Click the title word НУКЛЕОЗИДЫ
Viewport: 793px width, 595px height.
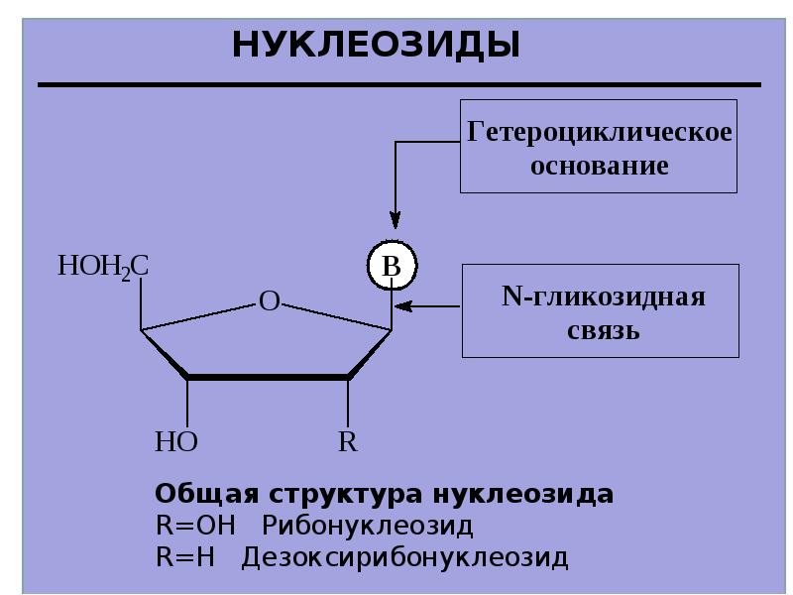click(x=377, y=46)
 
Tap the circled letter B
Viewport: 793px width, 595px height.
click(x=392, y=265)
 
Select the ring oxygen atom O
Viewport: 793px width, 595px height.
click(x=269, y=301)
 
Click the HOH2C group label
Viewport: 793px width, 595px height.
click(x=103, y=267)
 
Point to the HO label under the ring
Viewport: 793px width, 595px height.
click(x=176, y=441)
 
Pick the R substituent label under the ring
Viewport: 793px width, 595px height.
click(x=348, y=441)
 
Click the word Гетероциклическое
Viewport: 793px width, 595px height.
click(x=600, y=133)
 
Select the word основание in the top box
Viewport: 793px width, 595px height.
click(x=600, y=166)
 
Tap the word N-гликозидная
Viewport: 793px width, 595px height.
click(x=603, y=297)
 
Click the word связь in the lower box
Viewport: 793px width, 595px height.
click(x=603, y=331)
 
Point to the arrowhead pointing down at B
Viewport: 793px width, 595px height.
click(x=396, y=220)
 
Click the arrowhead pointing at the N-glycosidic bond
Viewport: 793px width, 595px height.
click(x=403, y=306)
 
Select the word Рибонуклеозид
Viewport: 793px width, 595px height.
click(x=368, y=527)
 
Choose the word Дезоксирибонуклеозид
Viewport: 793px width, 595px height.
click(x=404, y=557)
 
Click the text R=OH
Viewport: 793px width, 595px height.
click(x=195, y=526)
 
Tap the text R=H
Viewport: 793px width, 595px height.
click(x=185, y=557)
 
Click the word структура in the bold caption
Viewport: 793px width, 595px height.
click(x=345, y=494)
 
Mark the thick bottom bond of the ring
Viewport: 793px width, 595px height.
click(x=268, y=377)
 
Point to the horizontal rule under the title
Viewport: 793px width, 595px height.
click(x=399, y=85)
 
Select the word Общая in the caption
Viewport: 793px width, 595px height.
click(x=206, y=494)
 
